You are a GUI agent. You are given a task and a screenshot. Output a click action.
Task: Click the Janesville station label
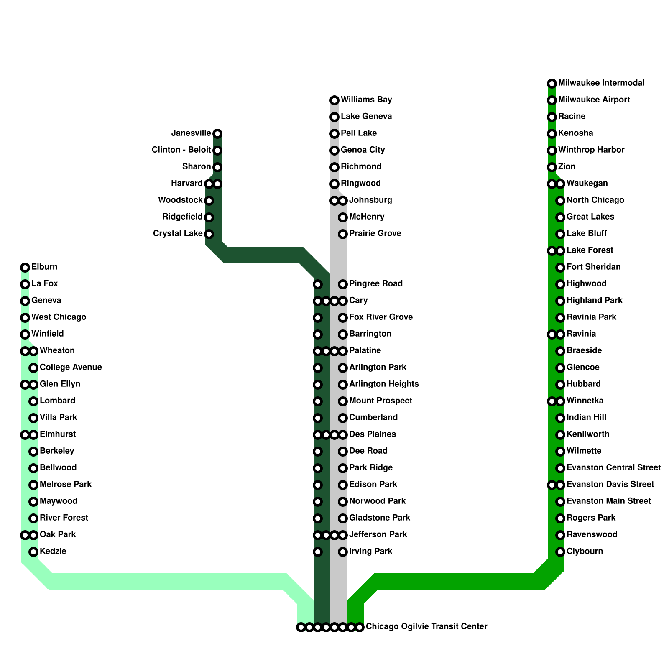[x=191, y=133]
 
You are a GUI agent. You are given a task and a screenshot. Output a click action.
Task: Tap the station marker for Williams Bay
[x=334, y=100]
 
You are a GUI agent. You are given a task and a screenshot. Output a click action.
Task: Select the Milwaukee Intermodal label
[x=601, y=83]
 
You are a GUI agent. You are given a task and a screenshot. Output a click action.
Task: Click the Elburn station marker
[x=25, y=268]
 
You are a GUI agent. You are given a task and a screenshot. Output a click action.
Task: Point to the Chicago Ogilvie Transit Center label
[x=426, y=626]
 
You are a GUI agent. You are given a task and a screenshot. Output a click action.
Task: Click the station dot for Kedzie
[x=33, y=552]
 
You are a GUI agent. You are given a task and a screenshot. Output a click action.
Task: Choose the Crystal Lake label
[x=178, y=233]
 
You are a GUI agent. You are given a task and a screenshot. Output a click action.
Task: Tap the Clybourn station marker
[x=560, y=552]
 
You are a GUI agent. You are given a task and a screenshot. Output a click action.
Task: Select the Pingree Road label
[x=376, y=284]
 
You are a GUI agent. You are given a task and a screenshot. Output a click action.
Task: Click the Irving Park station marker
[x=343, y=552]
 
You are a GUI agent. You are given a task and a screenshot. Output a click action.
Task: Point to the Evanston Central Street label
[x=613, y=467]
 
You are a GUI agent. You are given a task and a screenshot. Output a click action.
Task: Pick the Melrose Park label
[x=66, y=484]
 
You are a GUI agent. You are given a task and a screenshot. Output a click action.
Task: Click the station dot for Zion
[x=552, y=167]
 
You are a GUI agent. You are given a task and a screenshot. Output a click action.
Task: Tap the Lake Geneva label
[x=366, y=116]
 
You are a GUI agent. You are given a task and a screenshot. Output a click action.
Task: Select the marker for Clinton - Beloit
[x=217, y=151]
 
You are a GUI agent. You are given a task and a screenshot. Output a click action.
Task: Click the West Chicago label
[x=59, y=317]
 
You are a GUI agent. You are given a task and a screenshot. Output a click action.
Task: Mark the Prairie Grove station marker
[x=343, y=234]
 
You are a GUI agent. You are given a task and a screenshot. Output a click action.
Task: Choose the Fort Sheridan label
[x=593, y=267]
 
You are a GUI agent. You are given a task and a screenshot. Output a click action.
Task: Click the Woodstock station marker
[x=209, y=201]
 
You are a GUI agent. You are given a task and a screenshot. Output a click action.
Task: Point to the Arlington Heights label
[x=384, y=384]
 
